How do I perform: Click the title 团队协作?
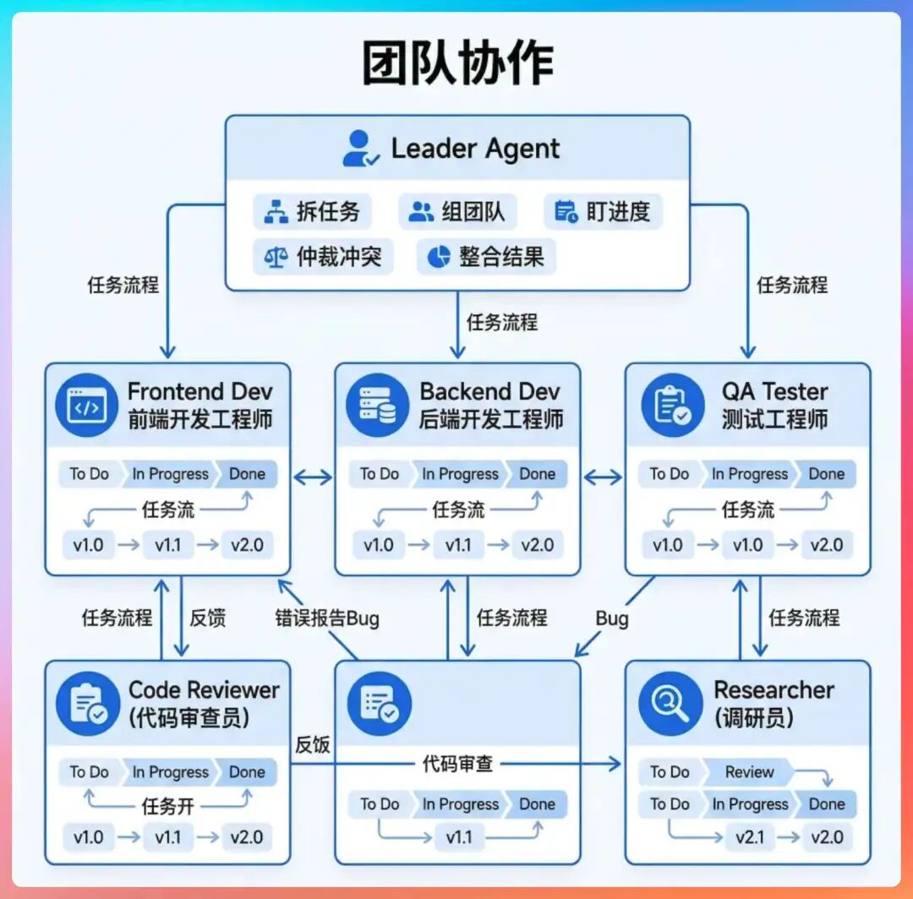[x=457, y=64]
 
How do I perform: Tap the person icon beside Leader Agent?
[x=360, y=149]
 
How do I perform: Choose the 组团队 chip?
[x=457, y=211]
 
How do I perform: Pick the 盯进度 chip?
[x=603, y=211]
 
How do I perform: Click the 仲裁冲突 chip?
[x=323, y=257]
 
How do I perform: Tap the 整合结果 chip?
[x=486, y=257]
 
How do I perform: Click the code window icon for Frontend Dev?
[x=86, y=406]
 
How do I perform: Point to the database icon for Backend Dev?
[x=377, y=406]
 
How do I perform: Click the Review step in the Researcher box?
[x=748, y=771]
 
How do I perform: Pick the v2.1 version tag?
[x=750, y=837]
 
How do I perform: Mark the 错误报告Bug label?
[x=327, y=618]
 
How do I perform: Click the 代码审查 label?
[x=457, y=764]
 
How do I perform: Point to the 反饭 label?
[x=311, y=744]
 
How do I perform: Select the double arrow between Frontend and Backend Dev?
[x=313, y=478]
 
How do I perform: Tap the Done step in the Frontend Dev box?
[x=247, y=474]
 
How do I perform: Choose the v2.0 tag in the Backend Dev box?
[x=537, y=545]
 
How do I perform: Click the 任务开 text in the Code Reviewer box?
[x=167, y=806]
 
